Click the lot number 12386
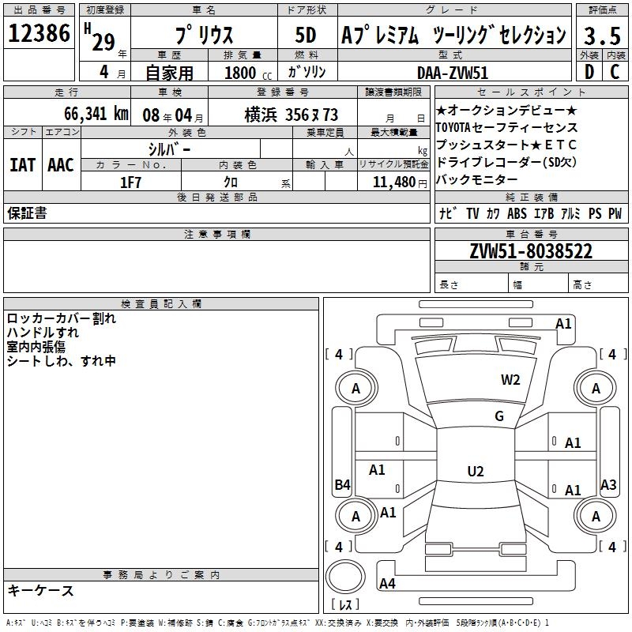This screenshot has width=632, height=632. click(39, 33)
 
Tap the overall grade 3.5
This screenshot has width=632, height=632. click(602, 36)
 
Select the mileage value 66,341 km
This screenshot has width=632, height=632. click(96, 114)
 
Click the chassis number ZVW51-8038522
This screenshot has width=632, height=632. click(531, 251)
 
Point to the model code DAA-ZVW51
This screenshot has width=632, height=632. click(453, 73)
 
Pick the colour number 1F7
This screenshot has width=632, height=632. click(130, 182)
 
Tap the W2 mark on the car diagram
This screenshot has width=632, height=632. click(510, 379)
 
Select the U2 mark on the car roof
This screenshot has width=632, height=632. click(476, 471)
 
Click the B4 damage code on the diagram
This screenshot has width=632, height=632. click(343, 484)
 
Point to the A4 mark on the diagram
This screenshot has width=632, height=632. click(387, 583)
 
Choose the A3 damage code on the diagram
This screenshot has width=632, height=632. click(608, 484)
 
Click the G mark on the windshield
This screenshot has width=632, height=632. click(499, 416)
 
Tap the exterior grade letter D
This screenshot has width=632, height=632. click(589, 72)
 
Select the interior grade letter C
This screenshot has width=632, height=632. click(615, 72)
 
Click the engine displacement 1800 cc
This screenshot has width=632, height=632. click(248, 73)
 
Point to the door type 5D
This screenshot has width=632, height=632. click(306, 35)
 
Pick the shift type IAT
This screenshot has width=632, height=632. click(23, 165)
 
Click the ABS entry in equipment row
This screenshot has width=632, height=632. click(517, 213)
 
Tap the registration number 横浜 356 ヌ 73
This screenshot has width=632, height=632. click(292, 115)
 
